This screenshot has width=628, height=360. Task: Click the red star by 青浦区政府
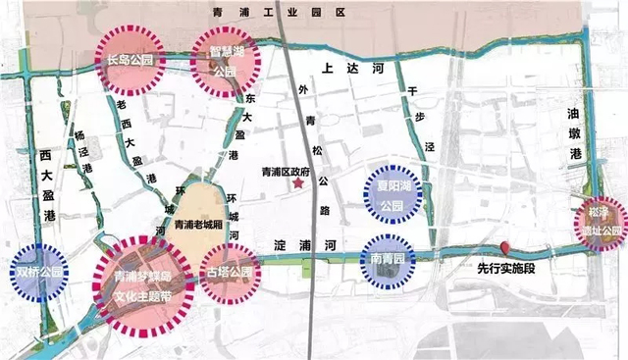[x=298, y=184]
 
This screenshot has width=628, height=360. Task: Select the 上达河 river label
[x=342, y=69]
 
